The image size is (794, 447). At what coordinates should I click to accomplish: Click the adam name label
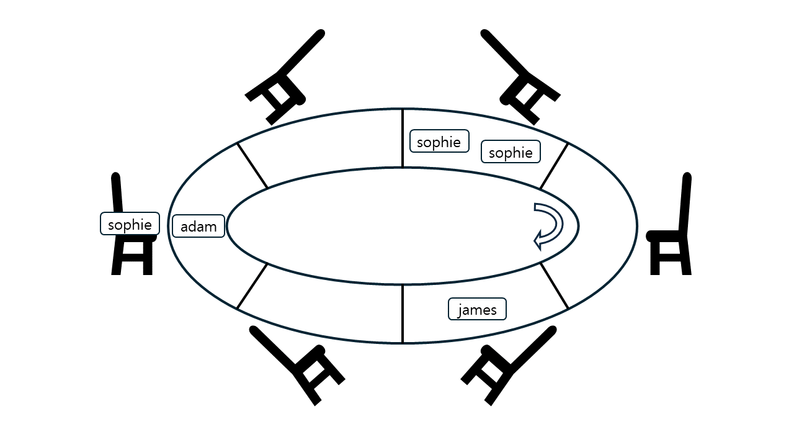198,226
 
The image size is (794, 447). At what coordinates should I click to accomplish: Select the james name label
477,309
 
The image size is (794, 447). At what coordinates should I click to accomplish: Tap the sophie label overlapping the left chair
130,223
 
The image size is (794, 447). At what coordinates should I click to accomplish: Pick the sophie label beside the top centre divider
439,141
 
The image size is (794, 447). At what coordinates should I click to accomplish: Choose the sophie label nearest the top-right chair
511,152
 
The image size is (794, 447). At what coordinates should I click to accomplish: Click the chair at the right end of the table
669,223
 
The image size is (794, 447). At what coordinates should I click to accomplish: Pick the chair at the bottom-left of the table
297,366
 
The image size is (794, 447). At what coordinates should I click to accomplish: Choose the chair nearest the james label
508,366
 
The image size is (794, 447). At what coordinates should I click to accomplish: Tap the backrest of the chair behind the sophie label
117,193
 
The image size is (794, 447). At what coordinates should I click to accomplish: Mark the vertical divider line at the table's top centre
403,138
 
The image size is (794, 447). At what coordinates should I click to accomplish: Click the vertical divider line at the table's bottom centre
403,314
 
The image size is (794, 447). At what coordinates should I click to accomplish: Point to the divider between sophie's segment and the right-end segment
554,166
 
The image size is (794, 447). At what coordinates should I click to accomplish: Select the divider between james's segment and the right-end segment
554,286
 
